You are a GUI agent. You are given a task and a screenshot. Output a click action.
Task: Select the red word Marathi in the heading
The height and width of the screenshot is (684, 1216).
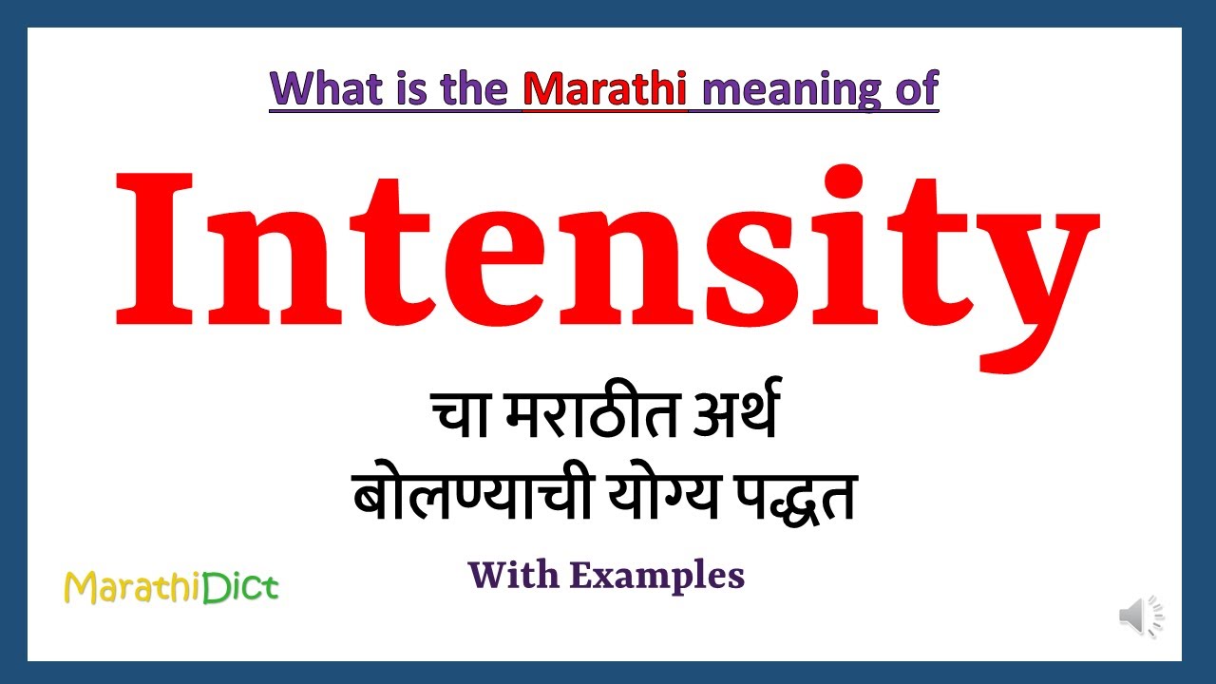click(x=605, y=88)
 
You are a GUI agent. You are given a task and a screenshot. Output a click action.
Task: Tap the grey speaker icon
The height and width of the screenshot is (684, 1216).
click(x=1140, y=617)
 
